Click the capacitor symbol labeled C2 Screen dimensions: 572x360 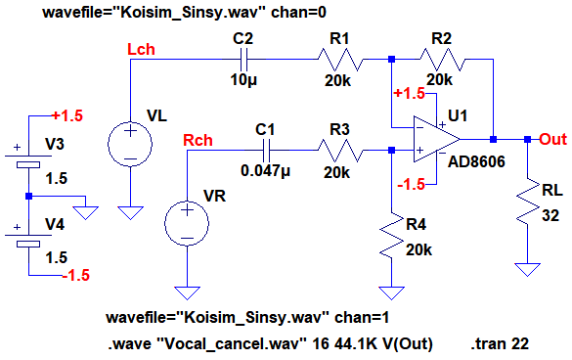click(x=243, y=59)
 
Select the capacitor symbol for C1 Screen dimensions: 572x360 click(x=266, y=150)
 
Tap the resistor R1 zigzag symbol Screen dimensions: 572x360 click(x=340, y=59)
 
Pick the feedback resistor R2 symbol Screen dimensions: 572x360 click(x=443, y=59)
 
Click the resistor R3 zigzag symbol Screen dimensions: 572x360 click(x=340, y=150)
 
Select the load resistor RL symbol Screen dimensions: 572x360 click(x=528, y=202)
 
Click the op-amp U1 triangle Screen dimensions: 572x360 click(x=437, y=139)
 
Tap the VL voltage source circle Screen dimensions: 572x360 click(x=130, y=144)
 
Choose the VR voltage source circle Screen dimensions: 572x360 click(x=187, y=223)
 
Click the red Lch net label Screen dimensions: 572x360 click(x=141, y=49)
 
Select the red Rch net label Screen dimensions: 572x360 click(x=198, y=140)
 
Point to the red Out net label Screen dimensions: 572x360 click(x=553, y=139)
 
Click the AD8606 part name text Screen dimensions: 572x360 click(x=476, y=161)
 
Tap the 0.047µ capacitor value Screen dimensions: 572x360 click(x=265, y=170)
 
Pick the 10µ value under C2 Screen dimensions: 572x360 click(x=243, y=79)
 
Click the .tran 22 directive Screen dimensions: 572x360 click(x=500, y=343)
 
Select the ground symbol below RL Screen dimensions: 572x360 click(x=528, y=270)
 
